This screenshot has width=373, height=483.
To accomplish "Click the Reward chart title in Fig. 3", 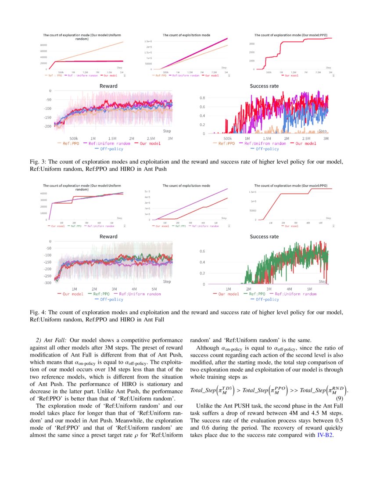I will pyautogui.click(x=108, y=86).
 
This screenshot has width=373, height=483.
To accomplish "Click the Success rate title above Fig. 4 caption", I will pyautogui.click(x=264, y=236).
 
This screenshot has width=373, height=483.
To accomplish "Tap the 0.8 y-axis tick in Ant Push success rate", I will pyautogui.click(x=203, y=98).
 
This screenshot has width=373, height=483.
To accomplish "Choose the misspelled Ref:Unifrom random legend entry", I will pyautogui.click(x=265, y=143).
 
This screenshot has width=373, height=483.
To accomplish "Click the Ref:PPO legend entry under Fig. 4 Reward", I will pyautogui.click(x=99, y=294).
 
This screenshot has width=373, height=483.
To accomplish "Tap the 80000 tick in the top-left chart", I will pyautogui.click(x=44, y=45).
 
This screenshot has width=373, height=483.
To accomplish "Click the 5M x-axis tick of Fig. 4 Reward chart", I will pyautogui.click(x=154, y=289).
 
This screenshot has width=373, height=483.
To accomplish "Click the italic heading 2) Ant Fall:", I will pyautogui.click(x=51, y=340).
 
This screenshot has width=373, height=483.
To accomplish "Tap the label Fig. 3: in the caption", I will pyautogui.click(x=39, y=162).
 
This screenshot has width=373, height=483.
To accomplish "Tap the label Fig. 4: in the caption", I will pyautogui.click(x=39, y=312).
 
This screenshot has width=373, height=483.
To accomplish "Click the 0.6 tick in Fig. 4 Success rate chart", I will pyautogui.click(x=203, y=251).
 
